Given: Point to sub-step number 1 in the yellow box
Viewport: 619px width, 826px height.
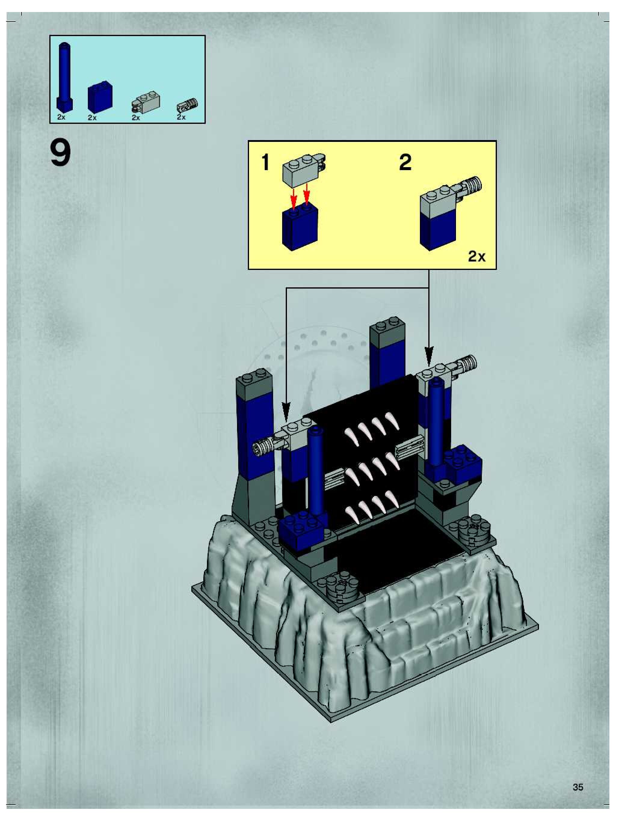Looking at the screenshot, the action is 265,162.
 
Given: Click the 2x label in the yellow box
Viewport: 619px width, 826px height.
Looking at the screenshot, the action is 477,256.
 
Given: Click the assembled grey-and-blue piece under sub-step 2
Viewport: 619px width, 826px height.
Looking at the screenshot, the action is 443,217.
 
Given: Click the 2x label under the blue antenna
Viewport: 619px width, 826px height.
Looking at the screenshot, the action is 61,117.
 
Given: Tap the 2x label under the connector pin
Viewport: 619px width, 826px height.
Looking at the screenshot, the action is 181,117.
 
